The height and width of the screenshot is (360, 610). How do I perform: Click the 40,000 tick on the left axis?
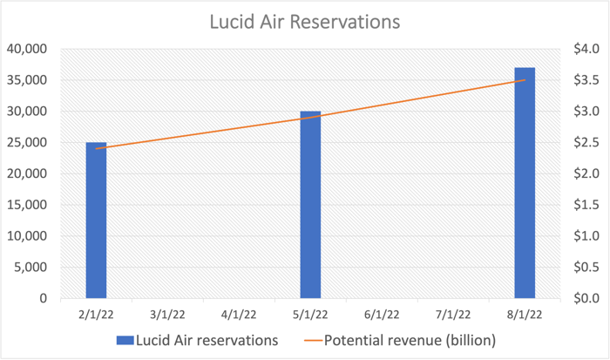coord(27,50)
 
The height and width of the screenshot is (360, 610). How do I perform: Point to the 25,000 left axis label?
coord(27,143)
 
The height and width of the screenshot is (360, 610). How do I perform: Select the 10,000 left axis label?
coord(27,236)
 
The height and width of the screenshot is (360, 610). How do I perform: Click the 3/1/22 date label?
coord(167,314)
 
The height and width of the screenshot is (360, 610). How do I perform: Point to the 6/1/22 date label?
coord(382,314)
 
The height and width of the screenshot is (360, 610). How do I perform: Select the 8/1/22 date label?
coord(525,314)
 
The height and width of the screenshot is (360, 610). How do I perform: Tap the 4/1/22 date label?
coord(239,314)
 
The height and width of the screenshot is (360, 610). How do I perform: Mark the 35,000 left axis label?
coord(27,81)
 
